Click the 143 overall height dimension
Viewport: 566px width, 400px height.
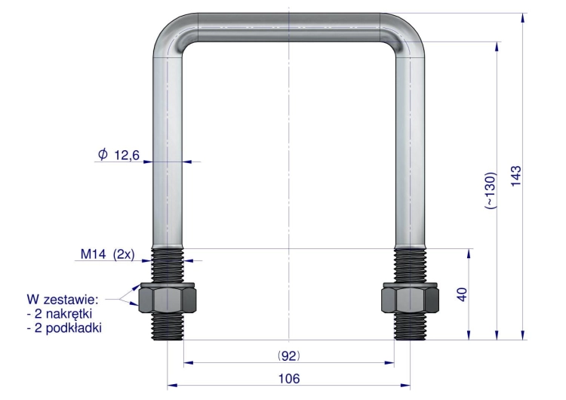point(516,176)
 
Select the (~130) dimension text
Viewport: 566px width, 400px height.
point(491,191)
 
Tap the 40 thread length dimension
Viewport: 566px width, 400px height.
point(462,294)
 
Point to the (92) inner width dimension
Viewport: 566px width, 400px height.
point(289,356)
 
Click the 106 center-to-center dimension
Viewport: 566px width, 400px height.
point(289,379)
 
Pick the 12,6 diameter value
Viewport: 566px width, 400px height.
point(127,155)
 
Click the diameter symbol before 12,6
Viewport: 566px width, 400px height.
point(103,155)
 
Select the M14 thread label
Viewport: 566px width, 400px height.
point(93,254)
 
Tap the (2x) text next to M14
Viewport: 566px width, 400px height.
point(124,254)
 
